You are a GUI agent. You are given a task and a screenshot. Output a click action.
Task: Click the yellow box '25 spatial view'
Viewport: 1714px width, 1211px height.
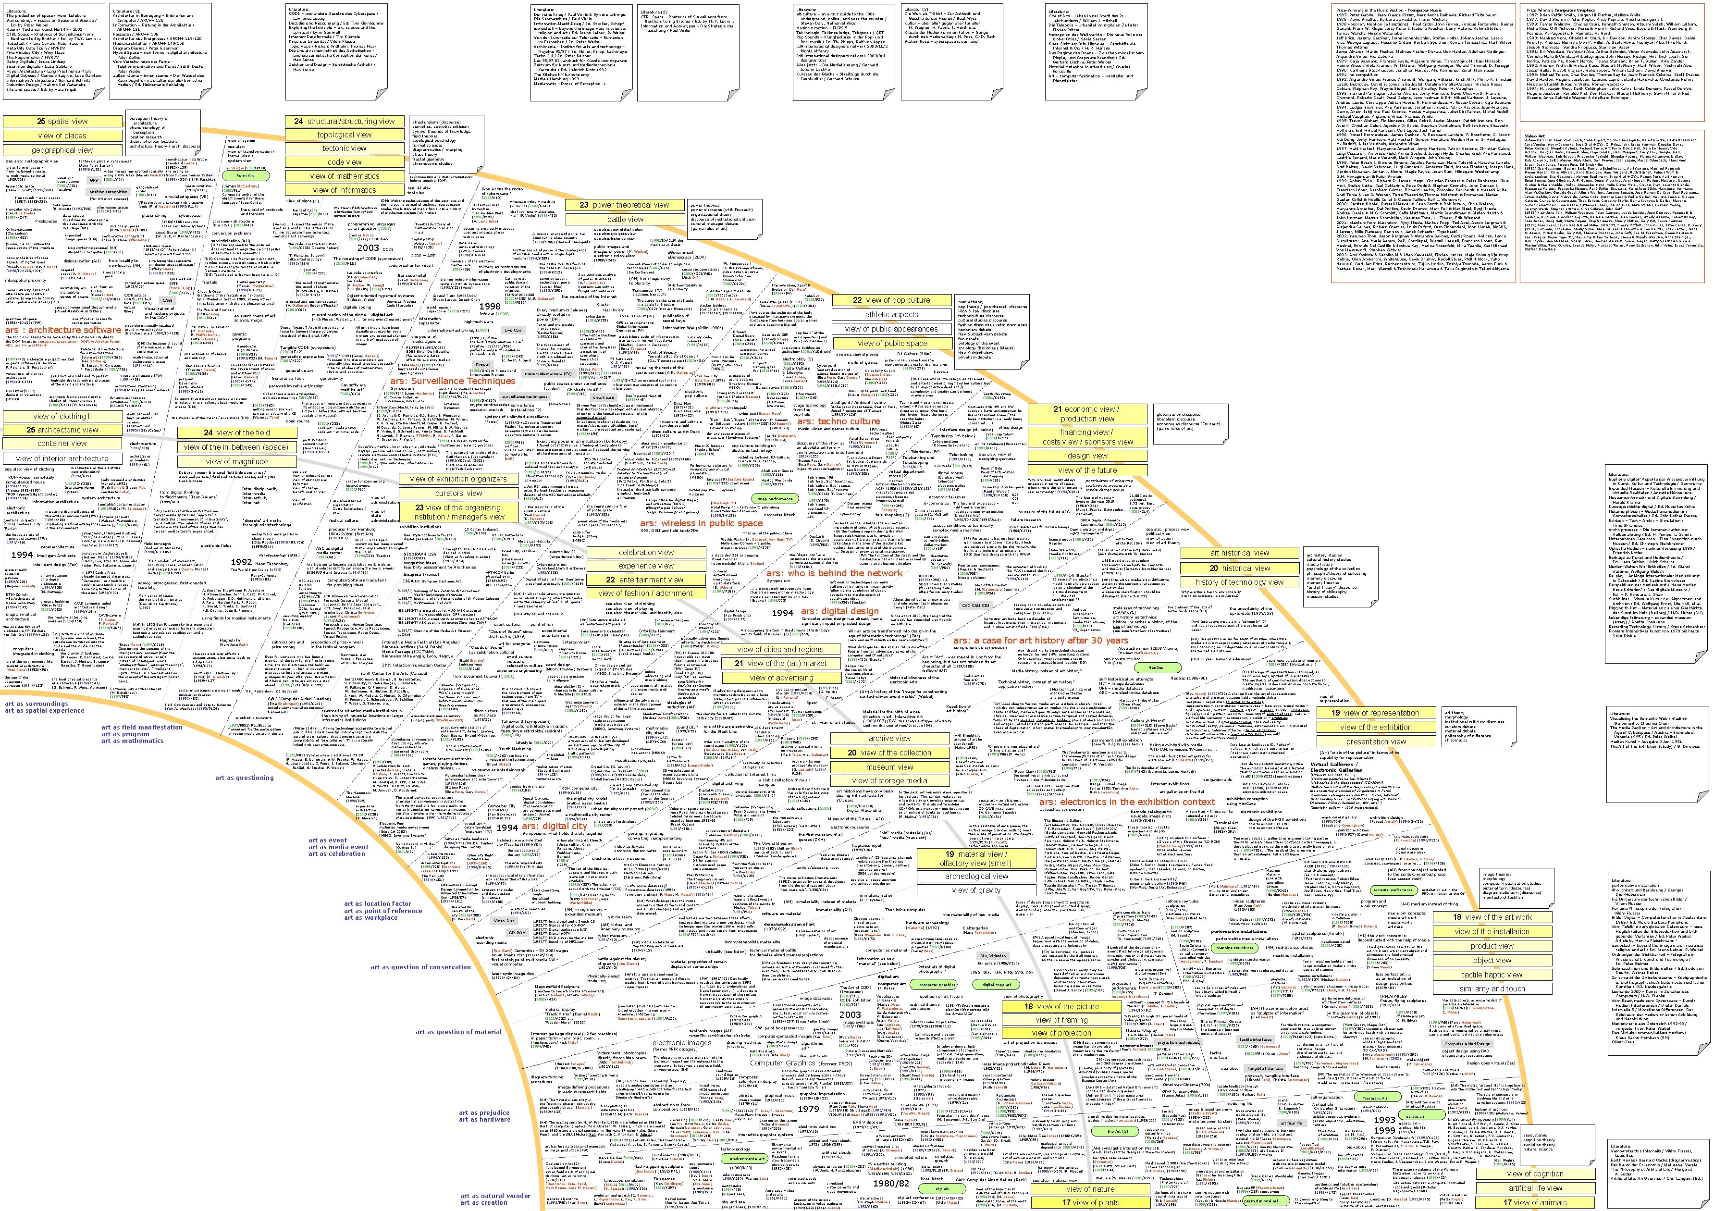pos(62,121)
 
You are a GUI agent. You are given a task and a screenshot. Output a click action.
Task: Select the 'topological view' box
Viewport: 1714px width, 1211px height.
pos(344,135)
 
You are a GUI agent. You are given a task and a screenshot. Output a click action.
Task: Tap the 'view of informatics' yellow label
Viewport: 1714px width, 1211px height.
pos(344,190)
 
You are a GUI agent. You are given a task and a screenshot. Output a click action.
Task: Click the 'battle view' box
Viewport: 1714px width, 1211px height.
pos(625,220)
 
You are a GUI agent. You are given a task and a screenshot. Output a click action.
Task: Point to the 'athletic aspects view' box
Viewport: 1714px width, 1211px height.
pos(891,314)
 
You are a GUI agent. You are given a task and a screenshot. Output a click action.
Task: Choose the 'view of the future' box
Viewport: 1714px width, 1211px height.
pos(1087,470)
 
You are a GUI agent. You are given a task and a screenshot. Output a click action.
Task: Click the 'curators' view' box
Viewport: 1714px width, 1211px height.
pos(458,494)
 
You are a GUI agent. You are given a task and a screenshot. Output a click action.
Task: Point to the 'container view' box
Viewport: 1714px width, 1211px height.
pos(62,444)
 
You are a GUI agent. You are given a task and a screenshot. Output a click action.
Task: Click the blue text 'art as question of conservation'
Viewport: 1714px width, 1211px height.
pos(421,968)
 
